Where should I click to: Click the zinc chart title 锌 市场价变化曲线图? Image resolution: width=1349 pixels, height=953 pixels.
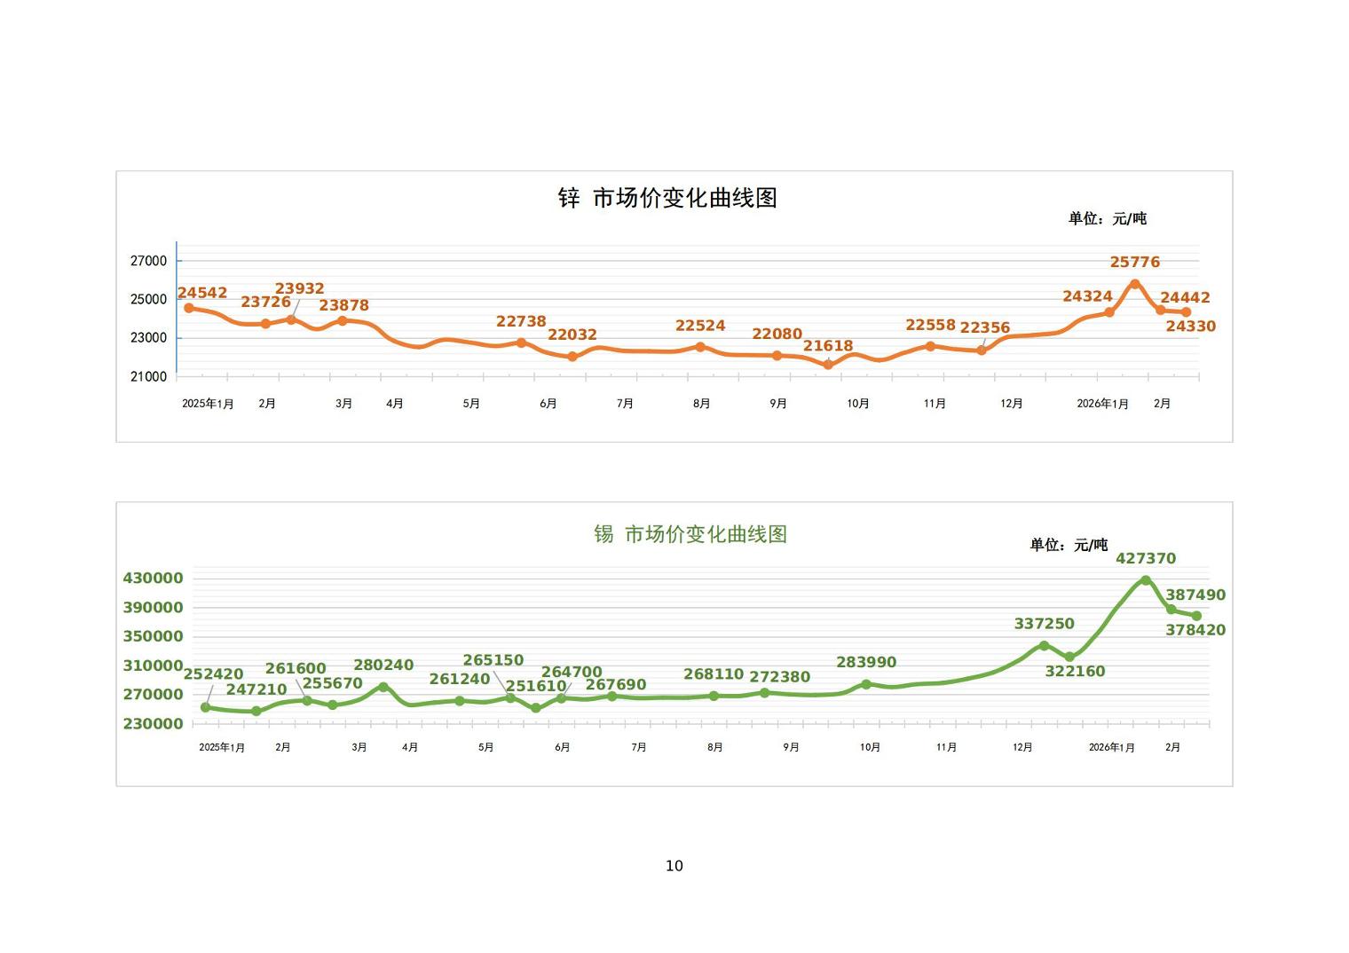point(667,198)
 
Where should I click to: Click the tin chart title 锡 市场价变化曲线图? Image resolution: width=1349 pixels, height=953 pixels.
point(690,534)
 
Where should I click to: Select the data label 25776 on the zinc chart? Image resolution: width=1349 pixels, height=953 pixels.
point(1134,262)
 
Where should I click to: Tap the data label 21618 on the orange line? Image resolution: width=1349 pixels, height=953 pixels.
point(827,346)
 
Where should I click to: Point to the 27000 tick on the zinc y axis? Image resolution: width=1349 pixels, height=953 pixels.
point(148,261)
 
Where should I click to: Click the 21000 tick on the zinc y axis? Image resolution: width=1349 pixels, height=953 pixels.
point(148,376)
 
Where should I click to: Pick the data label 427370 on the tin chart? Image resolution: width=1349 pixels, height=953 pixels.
point(1145,558)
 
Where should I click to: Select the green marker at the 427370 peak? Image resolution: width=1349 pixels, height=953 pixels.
point(1146,580)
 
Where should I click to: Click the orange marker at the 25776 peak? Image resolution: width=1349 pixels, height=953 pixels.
point(1134,284)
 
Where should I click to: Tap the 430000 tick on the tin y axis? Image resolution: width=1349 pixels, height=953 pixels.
point(153,579)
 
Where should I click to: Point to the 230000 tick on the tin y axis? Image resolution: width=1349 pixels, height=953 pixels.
point(153,724)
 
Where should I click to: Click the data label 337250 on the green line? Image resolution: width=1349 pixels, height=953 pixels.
point(1044,624)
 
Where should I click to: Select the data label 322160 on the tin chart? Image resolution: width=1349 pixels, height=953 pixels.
point(1075,672)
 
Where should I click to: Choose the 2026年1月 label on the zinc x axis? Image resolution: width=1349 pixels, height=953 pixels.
point(1102,404)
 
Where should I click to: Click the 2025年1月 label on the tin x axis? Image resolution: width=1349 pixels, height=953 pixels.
point(222,748)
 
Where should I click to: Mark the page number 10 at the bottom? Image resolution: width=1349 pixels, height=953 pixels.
point(674,866)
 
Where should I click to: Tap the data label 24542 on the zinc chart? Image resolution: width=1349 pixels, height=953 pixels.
point(202,293)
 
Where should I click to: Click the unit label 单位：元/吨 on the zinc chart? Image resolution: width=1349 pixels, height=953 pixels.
point(1107,218)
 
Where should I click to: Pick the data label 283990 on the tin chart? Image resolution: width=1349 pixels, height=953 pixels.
point(866,662)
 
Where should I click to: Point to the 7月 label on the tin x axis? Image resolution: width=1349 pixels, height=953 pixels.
point(638,748)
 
